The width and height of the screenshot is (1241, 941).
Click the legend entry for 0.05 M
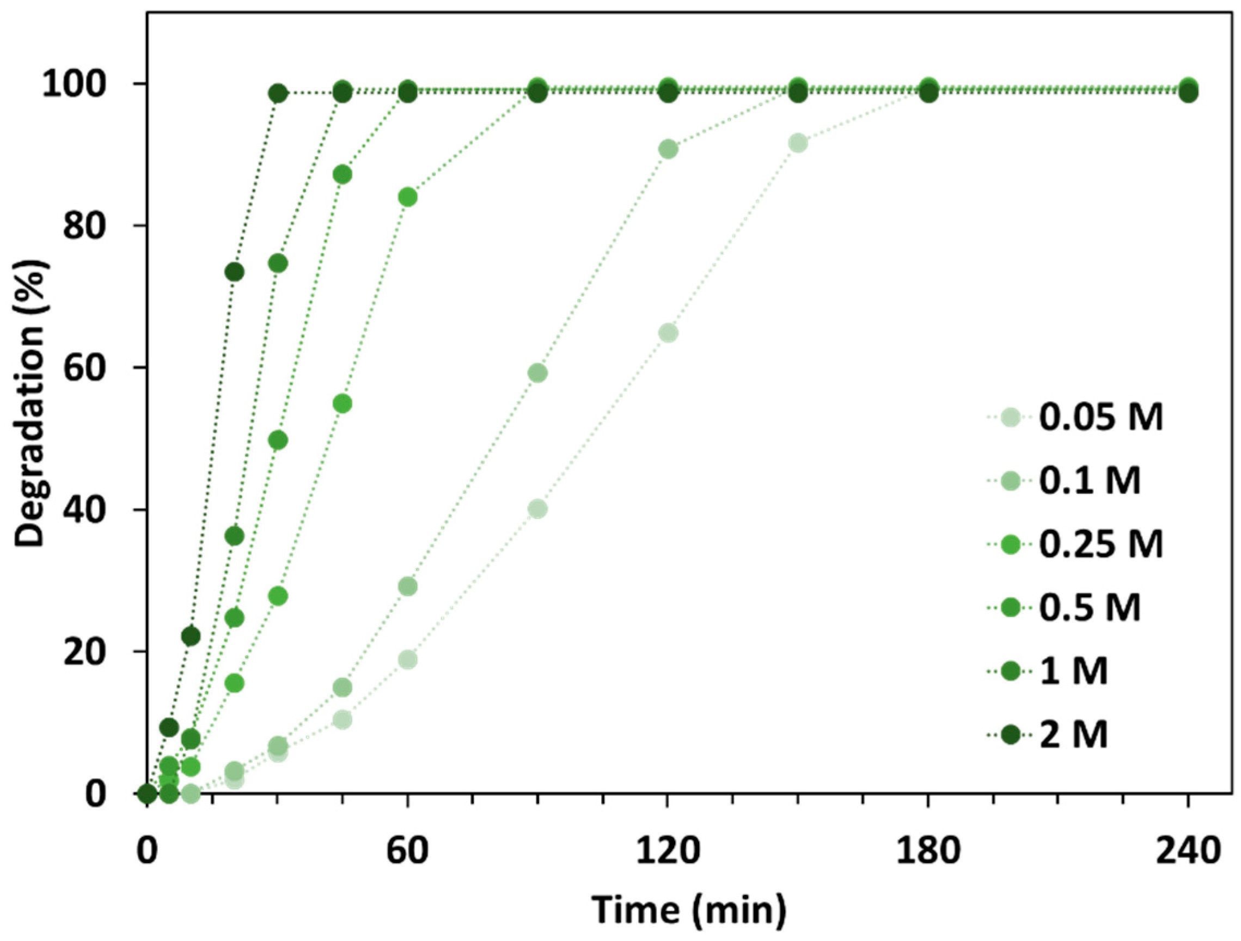(1100, 418)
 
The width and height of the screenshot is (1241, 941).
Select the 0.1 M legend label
(1089, 481)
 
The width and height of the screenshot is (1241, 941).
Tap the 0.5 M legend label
(1089, 608)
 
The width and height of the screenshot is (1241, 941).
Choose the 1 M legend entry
(1073, 671)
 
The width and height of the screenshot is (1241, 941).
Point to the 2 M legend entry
(1073, 735)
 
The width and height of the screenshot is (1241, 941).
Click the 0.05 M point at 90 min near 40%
(537, 510)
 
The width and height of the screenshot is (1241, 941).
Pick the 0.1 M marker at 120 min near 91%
(668, 149)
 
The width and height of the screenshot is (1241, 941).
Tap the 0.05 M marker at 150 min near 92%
(798, 143)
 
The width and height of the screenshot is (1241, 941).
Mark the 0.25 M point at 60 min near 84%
(408, 198)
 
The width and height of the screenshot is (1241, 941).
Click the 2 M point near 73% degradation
(235, 272)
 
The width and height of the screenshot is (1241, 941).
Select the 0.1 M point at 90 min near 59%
(537, 373)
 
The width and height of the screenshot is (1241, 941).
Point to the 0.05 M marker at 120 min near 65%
(668, 333)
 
